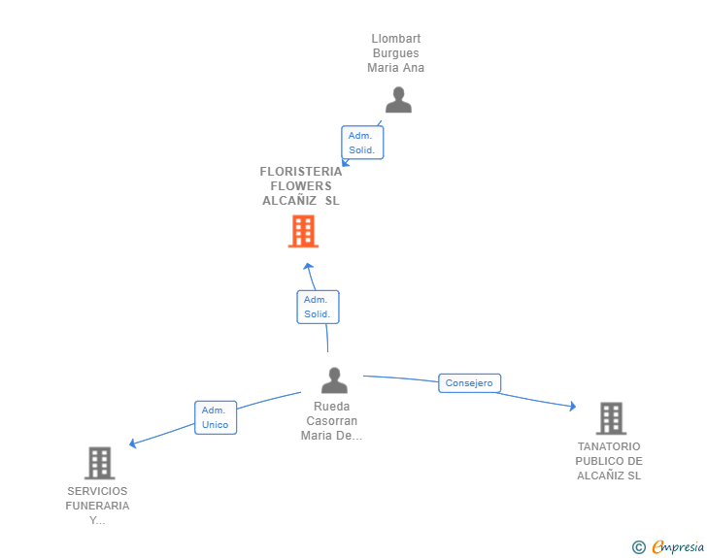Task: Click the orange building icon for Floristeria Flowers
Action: point(303,232)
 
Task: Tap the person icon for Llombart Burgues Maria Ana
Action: point(398,100)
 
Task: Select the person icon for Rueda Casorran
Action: point(334,380)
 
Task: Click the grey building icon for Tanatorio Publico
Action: point(610,418)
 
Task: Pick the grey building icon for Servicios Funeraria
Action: point(99,463)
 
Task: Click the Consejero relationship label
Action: point(469,383)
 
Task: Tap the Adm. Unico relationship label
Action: point(215,417)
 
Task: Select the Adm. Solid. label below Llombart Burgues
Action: point(362,143)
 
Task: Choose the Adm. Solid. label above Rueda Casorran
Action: point(317,307)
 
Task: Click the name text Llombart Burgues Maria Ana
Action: point(396,53)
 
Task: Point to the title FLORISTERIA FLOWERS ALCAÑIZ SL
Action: point(301,185)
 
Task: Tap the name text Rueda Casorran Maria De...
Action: point(332,421)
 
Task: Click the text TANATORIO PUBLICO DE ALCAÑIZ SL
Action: point(609,461)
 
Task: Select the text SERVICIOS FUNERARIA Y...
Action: point(97,506)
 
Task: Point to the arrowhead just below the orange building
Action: point(308,265)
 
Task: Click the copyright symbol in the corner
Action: point(638,547)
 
